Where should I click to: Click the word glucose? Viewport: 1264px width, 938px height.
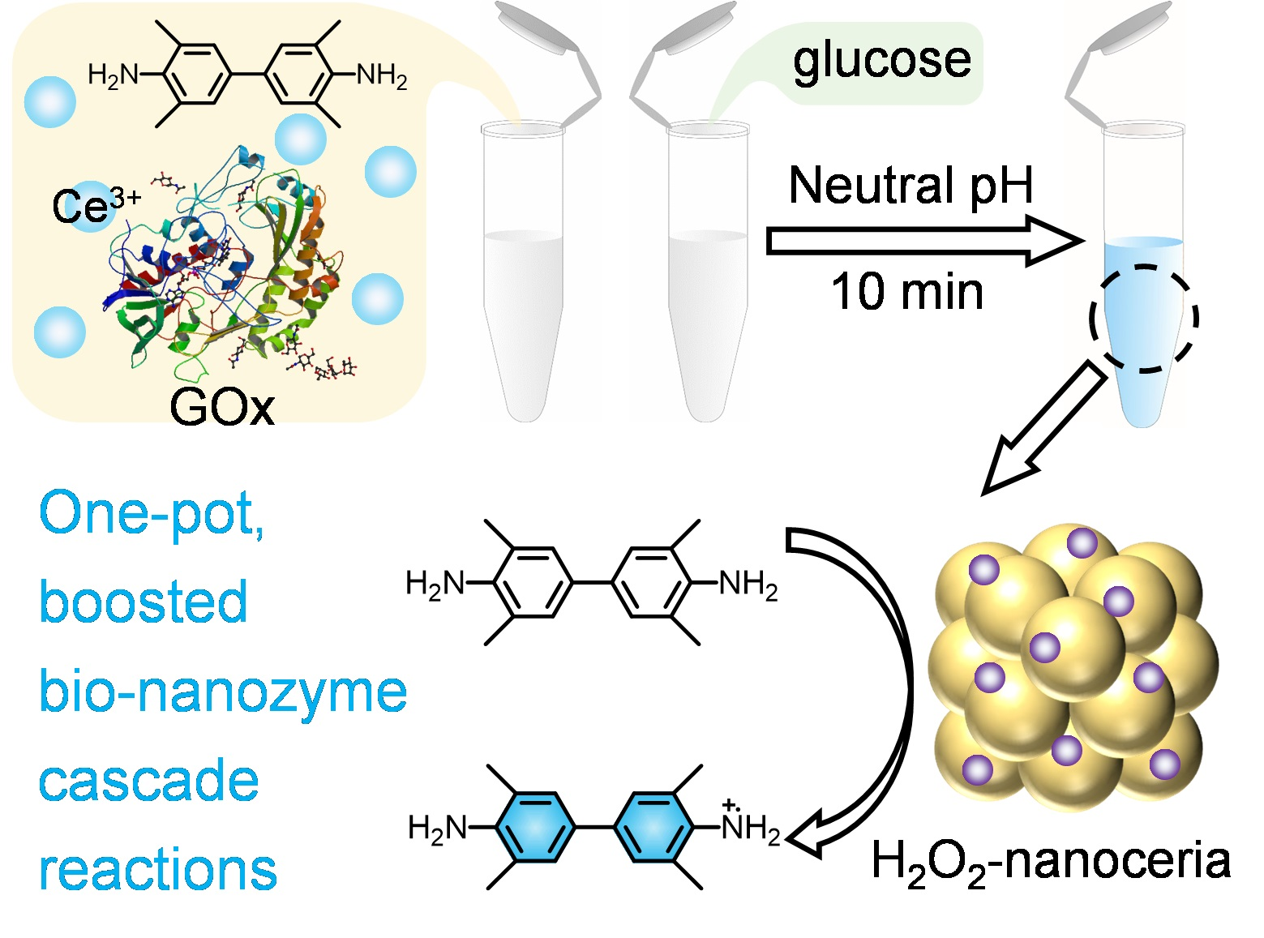click(881, 60)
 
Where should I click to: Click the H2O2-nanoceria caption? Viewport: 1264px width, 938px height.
click(1050, 861)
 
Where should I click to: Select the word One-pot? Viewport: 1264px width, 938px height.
click(152, 513)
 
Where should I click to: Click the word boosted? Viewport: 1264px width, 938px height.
click(144, 602)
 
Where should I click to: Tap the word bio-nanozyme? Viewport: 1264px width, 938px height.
click(223, 692)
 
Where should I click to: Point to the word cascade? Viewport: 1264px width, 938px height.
click(149, 780)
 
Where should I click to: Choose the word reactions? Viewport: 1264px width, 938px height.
click(158, 869)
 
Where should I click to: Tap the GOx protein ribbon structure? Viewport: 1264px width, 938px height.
click(227, 268)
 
